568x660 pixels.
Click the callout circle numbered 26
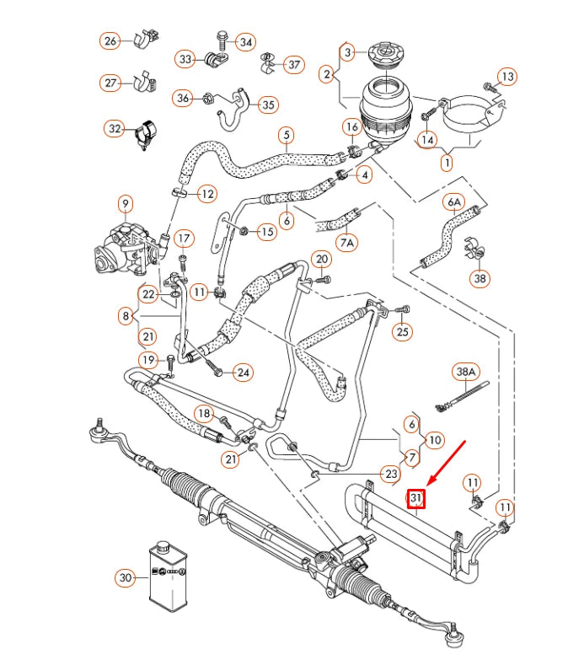coord(111,40)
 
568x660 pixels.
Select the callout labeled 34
coord(245,41)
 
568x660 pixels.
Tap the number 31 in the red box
coord(416,499)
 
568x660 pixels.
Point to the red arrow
coord(447,463)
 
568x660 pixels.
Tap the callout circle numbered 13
coord(505,77)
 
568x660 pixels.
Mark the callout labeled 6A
coord(454,201)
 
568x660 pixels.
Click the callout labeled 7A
coord(347,242)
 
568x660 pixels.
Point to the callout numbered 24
coord(242,372)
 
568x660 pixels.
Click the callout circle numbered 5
coord(287,134)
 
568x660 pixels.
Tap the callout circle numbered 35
coord(268,105)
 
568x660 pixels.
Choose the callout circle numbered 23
coord(390,474)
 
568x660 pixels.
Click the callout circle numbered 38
coord(480,278)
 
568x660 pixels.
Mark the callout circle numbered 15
coord(266,231)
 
